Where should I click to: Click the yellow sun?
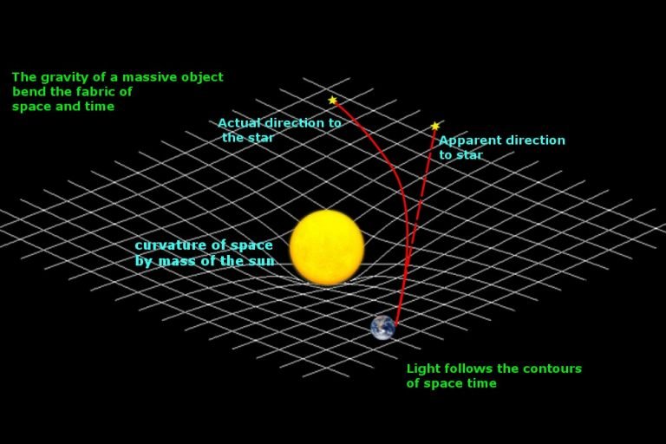327,247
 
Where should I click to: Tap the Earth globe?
382,327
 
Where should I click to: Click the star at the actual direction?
332,101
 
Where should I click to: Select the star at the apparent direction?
435,127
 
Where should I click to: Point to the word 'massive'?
144,77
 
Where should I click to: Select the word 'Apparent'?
469,140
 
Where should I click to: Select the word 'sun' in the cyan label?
261,261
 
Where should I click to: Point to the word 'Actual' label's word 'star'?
260,138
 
